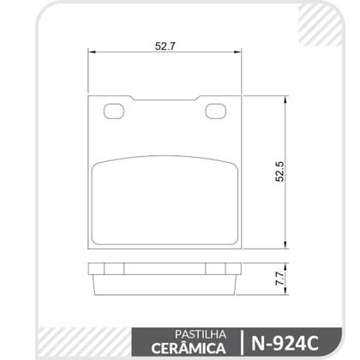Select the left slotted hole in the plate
click(x=113, y=110)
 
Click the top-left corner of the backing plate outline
click(x=91, y=94)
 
